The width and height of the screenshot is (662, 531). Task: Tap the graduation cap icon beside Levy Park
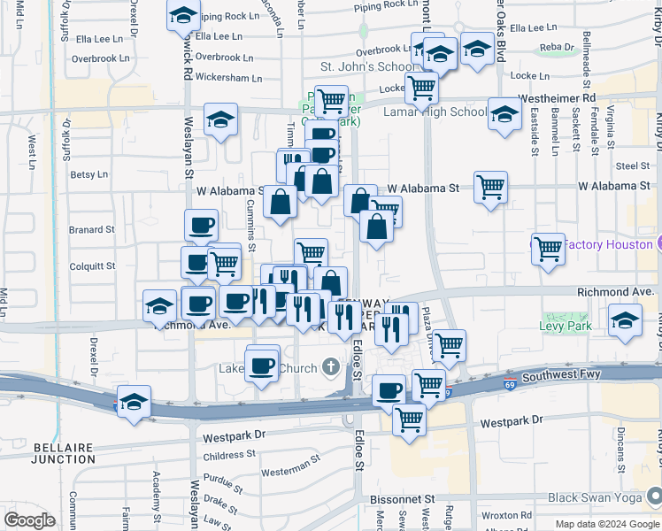(x=626, y=323)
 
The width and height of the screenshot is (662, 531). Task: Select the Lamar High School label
(x=435, y=112)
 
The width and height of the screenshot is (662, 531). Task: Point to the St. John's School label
(x=366, y=66)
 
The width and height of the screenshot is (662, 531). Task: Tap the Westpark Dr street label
(x=234, y=436)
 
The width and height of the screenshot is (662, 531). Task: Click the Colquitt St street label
(x=92, y=265)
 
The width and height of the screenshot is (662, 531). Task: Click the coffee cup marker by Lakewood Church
(x=261, y=365)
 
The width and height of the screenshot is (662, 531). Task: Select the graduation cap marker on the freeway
(x=133, y=403)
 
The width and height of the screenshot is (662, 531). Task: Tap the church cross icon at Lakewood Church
(x=330, y=365)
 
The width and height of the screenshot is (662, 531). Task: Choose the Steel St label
(x=633, y=165)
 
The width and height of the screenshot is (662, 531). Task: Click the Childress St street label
(x=229, y=456)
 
